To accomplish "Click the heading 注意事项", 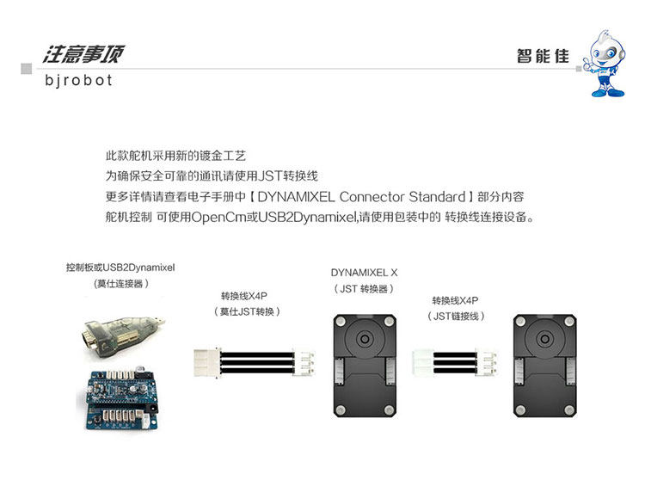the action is [x=83, y=54].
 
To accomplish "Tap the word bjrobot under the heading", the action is [x=78, y=81].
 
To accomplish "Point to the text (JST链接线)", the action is [x=456, y=317].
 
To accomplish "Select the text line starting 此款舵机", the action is [x=175, y=157].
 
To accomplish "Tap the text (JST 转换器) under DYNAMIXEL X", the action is [x=365, y=288].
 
